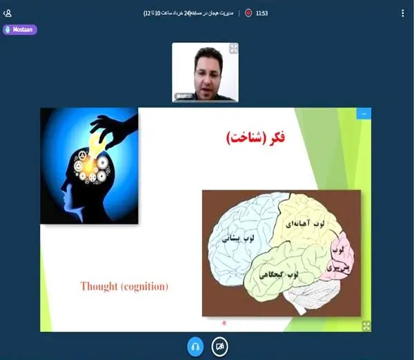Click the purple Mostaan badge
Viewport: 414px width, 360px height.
coord(20,30)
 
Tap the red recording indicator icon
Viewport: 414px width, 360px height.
coord(248,12)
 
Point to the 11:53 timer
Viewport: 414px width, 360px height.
coord(262,12)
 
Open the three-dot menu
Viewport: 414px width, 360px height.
coord(403,12)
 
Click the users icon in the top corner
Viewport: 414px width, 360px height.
coord(8,12)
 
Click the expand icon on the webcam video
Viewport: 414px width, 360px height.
coord(233,48)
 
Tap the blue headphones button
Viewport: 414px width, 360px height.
coord(195,346)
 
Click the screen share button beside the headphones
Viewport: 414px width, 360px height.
coord(220,346)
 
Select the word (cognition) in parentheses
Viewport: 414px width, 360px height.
coord(145,286)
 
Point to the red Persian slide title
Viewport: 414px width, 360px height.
coord(255,138)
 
